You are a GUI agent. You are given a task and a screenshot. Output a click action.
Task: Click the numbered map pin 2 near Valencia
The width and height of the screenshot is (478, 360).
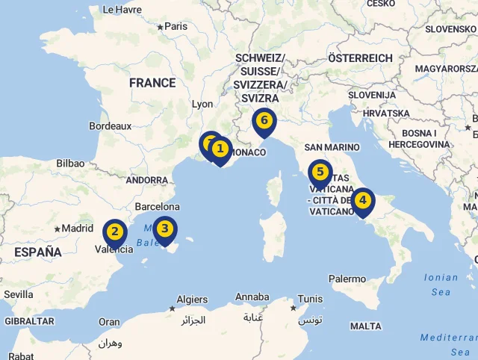coord(114,232)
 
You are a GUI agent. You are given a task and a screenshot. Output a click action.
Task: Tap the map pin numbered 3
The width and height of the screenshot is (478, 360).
coord(165,229)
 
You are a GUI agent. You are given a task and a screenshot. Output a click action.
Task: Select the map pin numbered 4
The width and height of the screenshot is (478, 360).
coord(362,200)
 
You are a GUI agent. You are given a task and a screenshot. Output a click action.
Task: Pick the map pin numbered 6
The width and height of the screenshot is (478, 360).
coord(264,120)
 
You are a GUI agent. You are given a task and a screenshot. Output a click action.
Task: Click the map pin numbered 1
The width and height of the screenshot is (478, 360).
coord(220,149)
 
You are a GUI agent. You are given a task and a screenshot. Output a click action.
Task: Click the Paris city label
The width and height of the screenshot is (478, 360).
coord(176,26)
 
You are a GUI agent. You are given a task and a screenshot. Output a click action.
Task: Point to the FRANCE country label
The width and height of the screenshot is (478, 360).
coord(152,83)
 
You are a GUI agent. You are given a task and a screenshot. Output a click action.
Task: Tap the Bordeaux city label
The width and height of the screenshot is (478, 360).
coord(110,126)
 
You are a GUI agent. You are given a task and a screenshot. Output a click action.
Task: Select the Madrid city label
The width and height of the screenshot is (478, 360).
coord(78,229)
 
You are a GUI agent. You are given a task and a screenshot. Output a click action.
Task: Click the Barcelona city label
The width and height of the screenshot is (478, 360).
coord(157,206)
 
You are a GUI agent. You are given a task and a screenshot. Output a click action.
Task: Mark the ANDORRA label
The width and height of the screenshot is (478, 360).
coord(146,180)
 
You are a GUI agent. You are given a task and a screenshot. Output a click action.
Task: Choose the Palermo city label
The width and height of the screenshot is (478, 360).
coord(347,279)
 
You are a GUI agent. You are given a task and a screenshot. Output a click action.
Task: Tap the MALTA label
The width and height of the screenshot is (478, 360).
coord(365,326)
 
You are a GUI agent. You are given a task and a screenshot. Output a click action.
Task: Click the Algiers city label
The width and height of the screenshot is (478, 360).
coord(192,300)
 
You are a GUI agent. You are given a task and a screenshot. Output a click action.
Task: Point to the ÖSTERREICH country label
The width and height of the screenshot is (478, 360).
coord(360,58)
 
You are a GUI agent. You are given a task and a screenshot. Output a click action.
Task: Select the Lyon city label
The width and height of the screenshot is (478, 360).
coord(202,105)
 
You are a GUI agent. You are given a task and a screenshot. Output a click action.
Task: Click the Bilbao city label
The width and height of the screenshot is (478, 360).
coord(70,163)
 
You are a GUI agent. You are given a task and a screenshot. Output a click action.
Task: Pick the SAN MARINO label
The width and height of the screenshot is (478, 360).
coord(332,147)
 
